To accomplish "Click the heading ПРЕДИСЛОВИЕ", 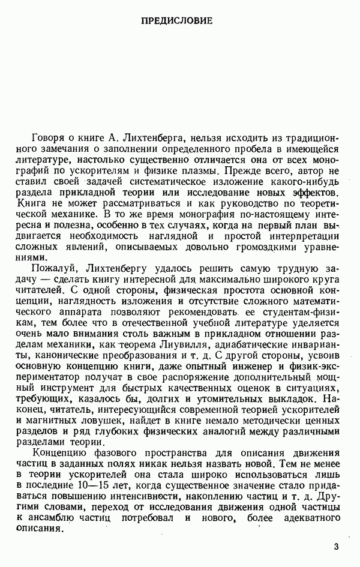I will coord(176,21).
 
